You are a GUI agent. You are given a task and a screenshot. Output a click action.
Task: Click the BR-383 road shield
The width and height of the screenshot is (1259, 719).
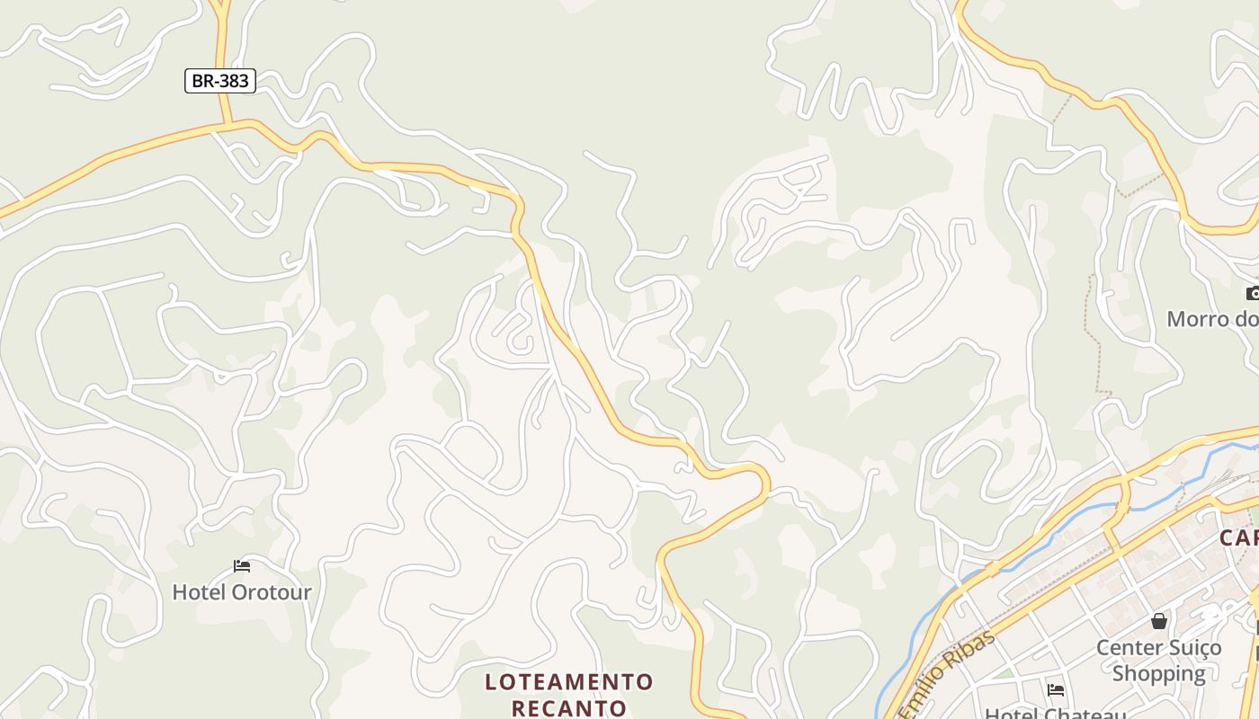[x=220, y=81]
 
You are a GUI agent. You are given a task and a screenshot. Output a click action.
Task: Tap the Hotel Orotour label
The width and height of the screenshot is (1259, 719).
[x=241, y=592]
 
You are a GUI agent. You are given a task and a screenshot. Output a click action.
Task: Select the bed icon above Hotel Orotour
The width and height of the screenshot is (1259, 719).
[x=242, y=565]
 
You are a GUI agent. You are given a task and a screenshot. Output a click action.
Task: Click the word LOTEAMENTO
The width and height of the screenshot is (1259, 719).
[x=569, y=682]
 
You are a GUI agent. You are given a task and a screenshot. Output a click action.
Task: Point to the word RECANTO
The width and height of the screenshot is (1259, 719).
[x=569, y=707]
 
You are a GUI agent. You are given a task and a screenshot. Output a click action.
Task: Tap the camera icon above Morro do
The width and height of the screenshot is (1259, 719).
[x=1253, y=293]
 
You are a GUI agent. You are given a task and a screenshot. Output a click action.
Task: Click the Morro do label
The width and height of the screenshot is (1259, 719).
[x=1211, y=319]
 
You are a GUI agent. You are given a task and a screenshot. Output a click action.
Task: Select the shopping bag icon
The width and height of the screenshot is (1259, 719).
[x=1159, y=621]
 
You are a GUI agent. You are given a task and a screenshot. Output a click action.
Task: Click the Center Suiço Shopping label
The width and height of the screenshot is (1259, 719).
[x=1158, y=660]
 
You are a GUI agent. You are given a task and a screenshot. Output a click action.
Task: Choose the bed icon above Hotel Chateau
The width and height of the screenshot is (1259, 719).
[x=1056, y=689]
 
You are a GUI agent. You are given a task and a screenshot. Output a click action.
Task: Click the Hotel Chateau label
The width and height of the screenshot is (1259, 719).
[x=1056, y=714]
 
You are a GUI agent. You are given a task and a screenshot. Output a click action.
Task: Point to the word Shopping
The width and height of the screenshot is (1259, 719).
[x=1158, y=673]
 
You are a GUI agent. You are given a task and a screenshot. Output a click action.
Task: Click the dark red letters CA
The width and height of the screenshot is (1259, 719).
[x=1238, y=538]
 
